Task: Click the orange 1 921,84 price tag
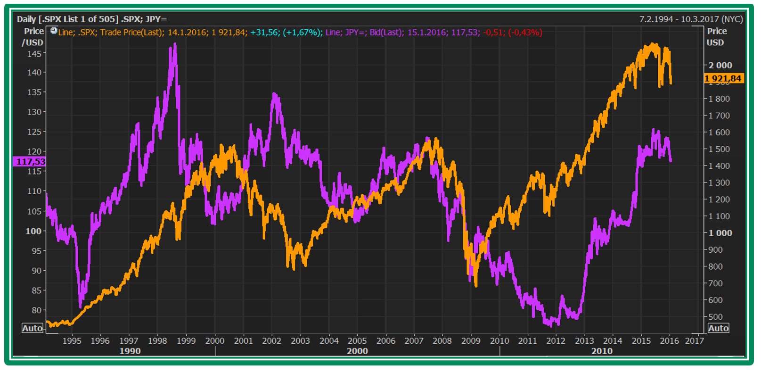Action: (x=724, y=78)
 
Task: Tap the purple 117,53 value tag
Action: (x=31, y=162)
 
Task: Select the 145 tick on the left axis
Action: (x=34, y=54)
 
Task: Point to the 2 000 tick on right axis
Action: (x=720, y=65)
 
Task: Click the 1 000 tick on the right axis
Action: (x=720, y=233)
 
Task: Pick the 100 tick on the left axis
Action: (x=33, y=231)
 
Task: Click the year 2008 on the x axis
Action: (x=442, y=340)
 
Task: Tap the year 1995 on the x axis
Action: (x=72, y=340)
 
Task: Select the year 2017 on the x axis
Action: (x=694, y=340)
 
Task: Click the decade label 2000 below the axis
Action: (x=357, y=351)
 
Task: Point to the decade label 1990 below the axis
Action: (x=130, y=351)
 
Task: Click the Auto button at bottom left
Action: (x=33, y=328)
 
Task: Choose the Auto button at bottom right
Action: (x=718, y=328)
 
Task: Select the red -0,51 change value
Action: (x=493, y=33)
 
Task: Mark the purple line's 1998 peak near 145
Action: (x=175, y=45)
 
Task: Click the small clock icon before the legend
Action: (x=54, y=31)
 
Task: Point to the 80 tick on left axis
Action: (x=36, y=310)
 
